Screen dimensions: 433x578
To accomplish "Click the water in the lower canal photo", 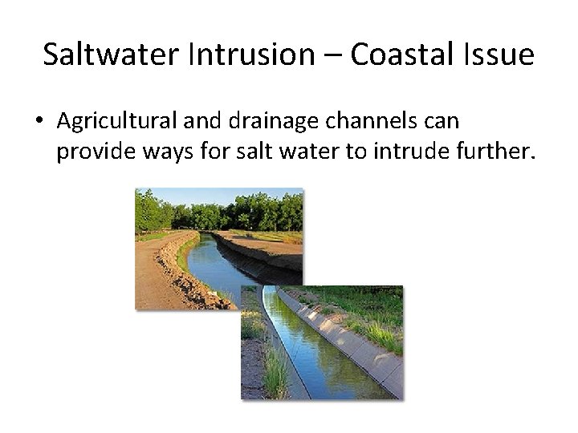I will pyautogui.click(x=321, y=353).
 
